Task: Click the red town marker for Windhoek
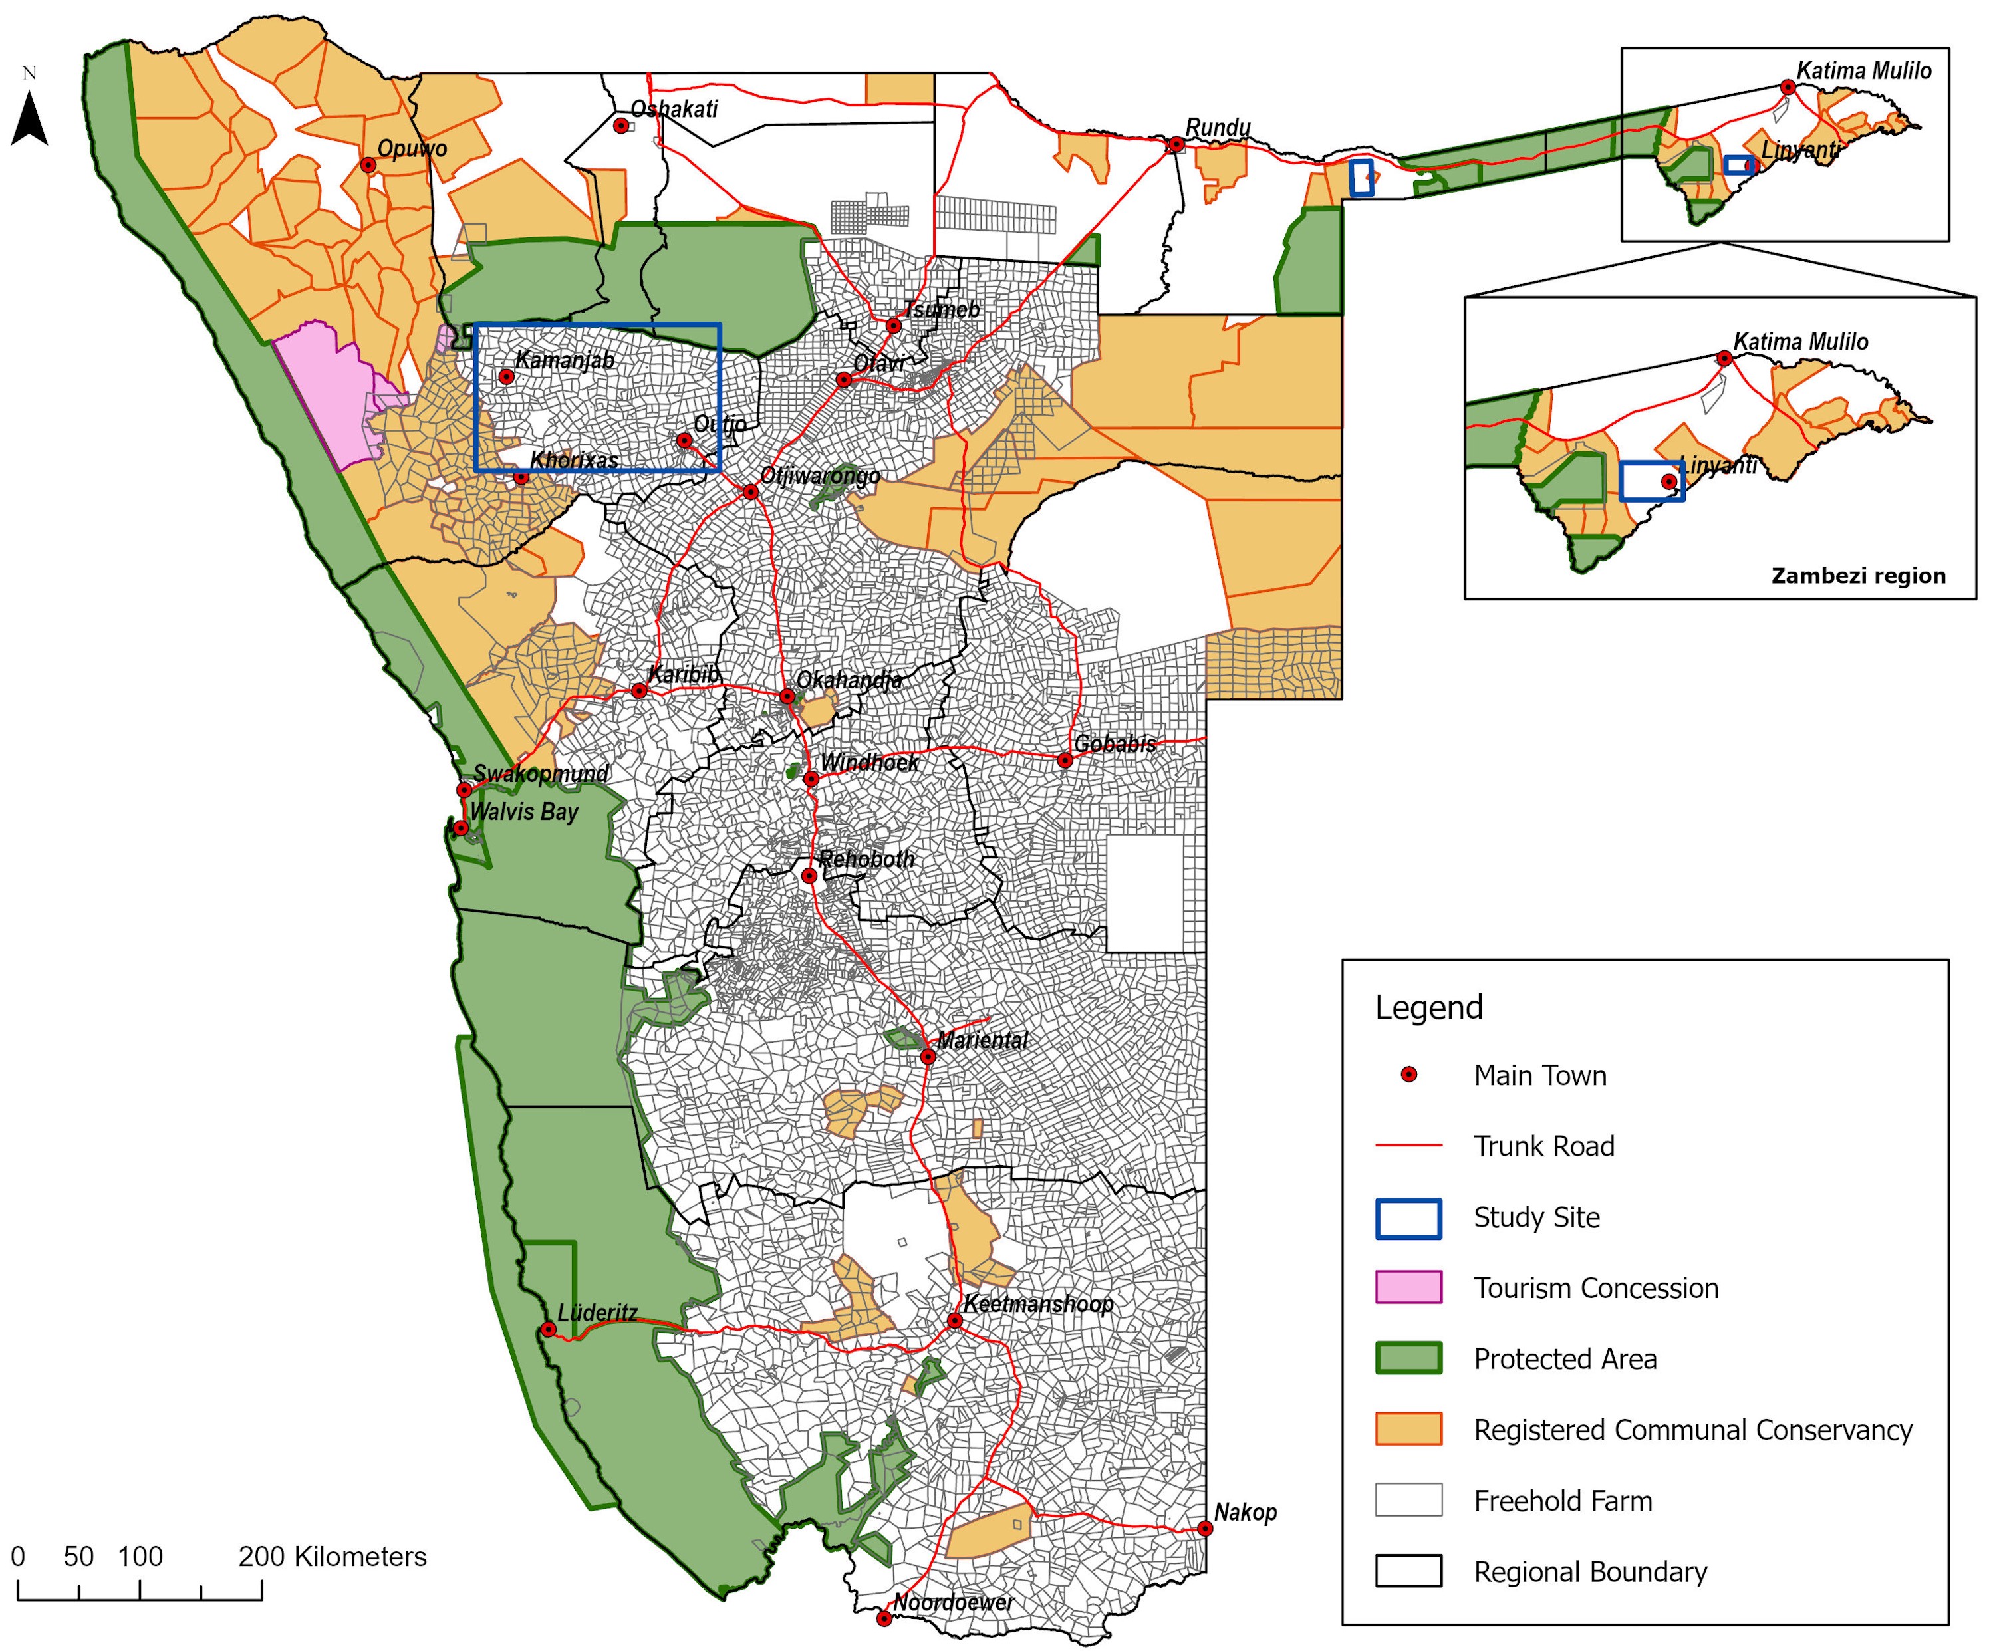(x=811, y=779)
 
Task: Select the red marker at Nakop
(x=1204, y=1529)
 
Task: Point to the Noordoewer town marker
(x=884, y=1618)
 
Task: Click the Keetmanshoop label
(x=1037, y=1303)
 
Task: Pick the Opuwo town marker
(x=368, y=164)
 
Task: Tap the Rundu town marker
(x=1176, y=144)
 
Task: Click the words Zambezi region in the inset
(x=1857, y=576)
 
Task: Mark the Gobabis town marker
(x=1065, y=760)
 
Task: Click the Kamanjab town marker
(x=506, y=377)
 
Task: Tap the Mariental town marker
(x=929, y=1057)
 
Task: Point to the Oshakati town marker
(x=620, y=126)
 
